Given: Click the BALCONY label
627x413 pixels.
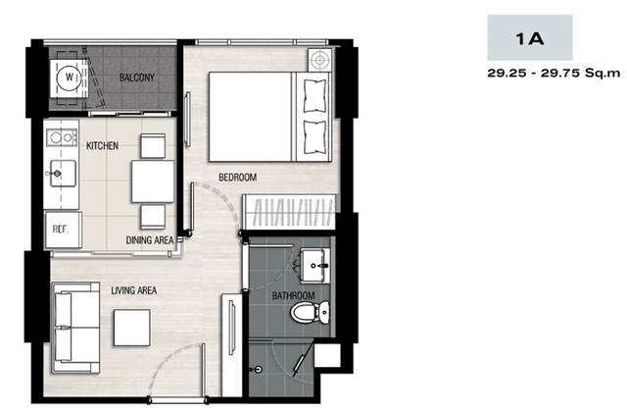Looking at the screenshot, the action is (x=137, y=77).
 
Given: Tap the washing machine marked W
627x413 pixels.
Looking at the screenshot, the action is (x=70, y=77).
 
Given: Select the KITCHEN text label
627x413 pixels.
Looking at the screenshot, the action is (x=102, y=145).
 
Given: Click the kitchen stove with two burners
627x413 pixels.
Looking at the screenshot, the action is (x=62, y=137).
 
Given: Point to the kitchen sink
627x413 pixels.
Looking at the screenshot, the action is (x=63, y=173).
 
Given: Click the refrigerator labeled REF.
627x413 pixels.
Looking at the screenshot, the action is (x=63, y=230).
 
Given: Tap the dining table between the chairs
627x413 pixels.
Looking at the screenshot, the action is (x=153, y=181).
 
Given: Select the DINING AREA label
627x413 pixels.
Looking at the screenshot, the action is (x=150, y=240).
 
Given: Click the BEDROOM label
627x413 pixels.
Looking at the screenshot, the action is (x=237, y=177).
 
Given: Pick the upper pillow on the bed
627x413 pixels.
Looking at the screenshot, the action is (x=315, y=96).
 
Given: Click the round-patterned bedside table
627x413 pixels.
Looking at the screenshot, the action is (x=319, y=60).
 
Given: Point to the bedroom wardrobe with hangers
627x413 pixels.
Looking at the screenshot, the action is (x=289, y=212).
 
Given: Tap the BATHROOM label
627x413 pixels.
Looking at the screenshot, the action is (x=294, y=295).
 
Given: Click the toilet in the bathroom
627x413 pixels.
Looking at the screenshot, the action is (x=310, y=312).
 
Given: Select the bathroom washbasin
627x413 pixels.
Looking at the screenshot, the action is (x=315, y=266).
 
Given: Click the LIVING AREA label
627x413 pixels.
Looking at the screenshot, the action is (x=134, y=290).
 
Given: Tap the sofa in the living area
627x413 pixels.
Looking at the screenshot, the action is (x=76, y=328).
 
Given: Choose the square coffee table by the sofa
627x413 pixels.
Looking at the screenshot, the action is (x=132, y=328).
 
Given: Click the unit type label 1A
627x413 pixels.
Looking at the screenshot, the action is (x=530, y=38).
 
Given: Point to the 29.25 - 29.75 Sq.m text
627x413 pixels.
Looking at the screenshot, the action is (x=554, y=74).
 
